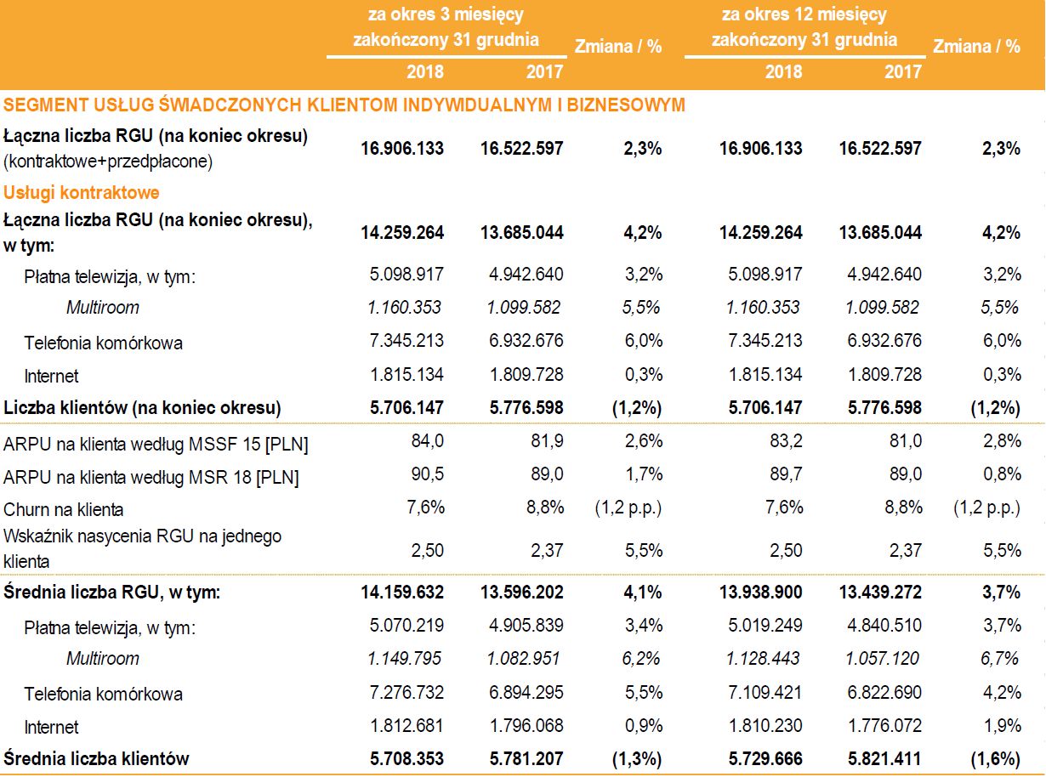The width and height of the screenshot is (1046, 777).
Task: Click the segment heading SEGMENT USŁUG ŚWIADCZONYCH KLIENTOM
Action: pyautogui.click(x=344, y=105)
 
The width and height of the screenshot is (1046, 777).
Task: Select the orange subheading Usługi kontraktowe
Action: pyautogui.click(x=82, y=192)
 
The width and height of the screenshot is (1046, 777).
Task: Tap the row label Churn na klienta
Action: pyautogui.click(x=64, y=509)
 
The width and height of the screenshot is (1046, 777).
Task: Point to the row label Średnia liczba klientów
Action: pyautogui.click(x=96, y=757)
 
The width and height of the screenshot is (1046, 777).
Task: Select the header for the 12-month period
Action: pyautogui.click(x=804, y=26)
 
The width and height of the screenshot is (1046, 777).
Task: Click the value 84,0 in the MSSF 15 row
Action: pyautogui.click(x=426, y=443)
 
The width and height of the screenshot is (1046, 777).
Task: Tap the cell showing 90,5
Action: pyautogui.click(x=426, y=476)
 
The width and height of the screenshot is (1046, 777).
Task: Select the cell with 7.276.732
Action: pyautogui.click(x=405, y=693)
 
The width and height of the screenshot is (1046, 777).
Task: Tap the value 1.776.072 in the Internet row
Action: pyautogui.click(x=880, y=726)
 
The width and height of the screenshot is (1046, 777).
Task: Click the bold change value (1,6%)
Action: pyautogui.click(x=994, y=757)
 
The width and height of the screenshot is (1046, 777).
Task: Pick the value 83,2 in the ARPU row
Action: pyautogui.click(x=784, y=443)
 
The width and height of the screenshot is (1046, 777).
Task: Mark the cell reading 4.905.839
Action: pyautogui.click(x=524, y=627)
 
